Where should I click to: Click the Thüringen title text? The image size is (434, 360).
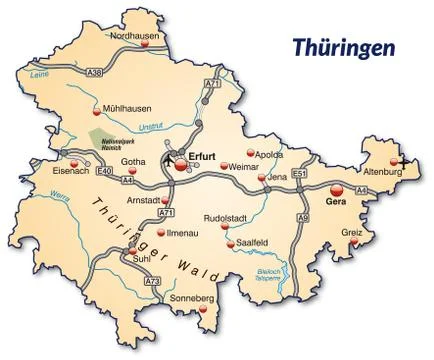pyautogui.click(x=343, y=47)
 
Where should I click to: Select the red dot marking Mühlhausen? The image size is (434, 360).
pyautogui.click(x=96, y=107)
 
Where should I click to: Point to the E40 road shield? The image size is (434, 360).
pyautogui.click(x=105, y=171)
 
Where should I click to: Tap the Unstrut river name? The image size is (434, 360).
pyautogui.click(x=150, y=126)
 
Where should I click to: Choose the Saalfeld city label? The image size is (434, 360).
pyautogui.click(x=250, y=243)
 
